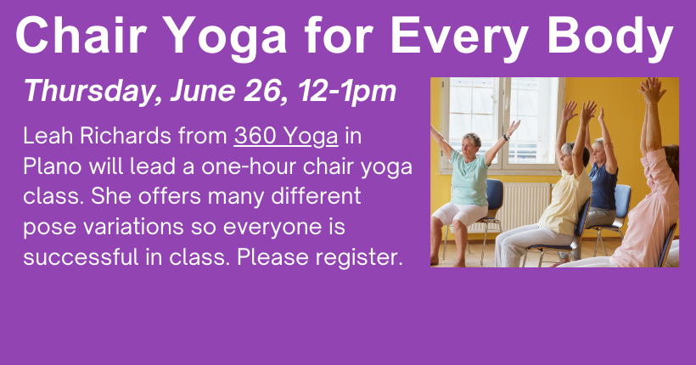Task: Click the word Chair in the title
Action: click(x=81, y=35)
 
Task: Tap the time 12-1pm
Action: click(x=346, y=92)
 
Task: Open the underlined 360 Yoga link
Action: click(x=286, y=137)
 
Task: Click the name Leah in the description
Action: click(x=48, y=136)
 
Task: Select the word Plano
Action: click(x=52, y=166)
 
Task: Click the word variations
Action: click(x=133, y=227)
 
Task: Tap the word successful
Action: click(x=81, y=256)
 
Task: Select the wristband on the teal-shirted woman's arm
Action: click(x=506, y=138)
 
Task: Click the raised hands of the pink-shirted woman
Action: click(x=652, y=90)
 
